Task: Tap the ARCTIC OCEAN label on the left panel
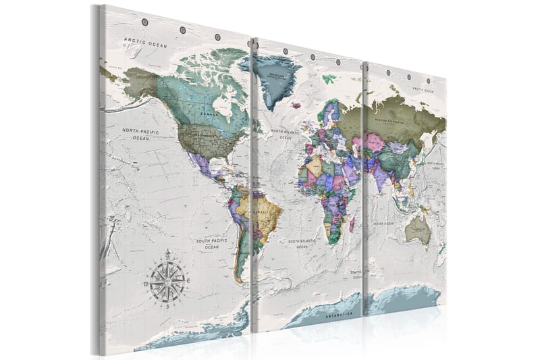click(x=144, y=43)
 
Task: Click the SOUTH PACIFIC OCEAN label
click(x=211, y=242)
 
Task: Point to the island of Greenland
click(x=271, y=78)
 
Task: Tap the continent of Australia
click(x=419, y=230)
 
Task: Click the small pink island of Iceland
click(x=296, y=105)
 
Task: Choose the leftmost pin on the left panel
click(x=144, y=22)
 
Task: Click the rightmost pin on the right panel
click(x=428, y=81)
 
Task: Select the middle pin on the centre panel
click(x=312, y=56)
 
